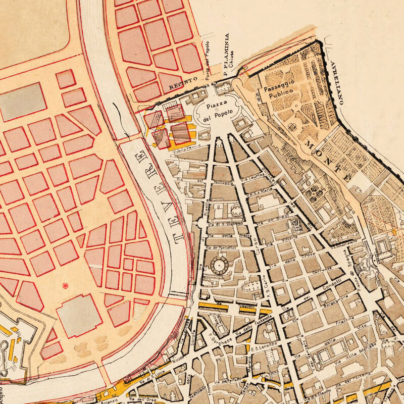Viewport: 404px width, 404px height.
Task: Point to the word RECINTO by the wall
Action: tap(181, 89)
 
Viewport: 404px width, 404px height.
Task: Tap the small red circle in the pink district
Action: tap(65, 286)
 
